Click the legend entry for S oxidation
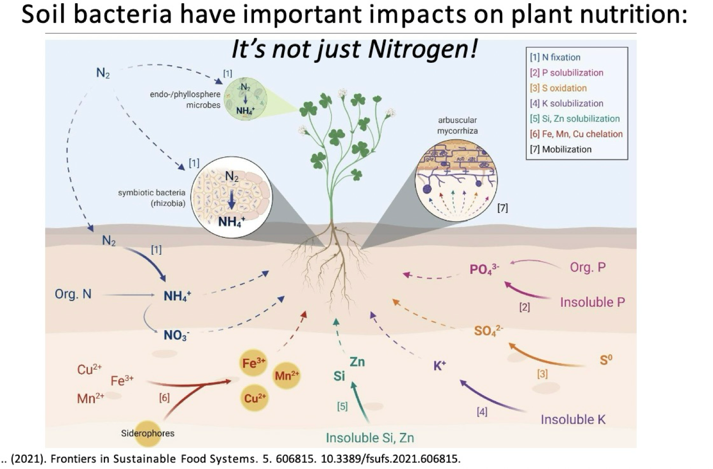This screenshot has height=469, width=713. point(558,88)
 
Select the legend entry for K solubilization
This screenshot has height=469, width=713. point(567,103)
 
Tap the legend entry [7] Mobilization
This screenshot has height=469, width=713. point(561,149)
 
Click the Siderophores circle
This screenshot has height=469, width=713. point(148,433)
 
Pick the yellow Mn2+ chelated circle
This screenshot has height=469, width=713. point(286,375)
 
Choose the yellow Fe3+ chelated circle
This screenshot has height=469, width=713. point(253,363)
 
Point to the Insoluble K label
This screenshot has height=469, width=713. point(573,419)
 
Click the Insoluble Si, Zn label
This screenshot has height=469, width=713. point(370,438)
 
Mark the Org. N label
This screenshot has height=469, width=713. point(73,294)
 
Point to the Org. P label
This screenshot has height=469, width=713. point(588,267)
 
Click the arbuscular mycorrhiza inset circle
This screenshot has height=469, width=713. point(456,181)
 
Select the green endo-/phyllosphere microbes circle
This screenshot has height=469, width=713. point(245,99)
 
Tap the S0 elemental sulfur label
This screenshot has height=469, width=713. point(606,360)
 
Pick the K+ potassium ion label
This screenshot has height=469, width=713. point(440,365)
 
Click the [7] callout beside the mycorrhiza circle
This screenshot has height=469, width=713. point(502,208)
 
